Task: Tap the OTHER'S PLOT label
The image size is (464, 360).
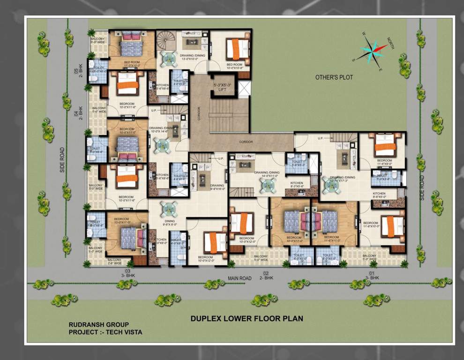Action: click(334, 77)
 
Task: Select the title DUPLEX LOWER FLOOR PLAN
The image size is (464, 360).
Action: click(247, 318)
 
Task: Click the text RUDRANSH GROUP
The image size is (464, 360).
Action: click(98, 324)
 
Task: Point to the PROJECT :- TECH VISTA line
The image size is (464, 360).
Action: click(105, 332)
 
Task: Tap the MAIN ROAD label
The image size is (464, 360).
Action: click(239, 278)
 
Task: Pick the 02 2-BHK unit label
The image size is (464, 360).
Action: click(266, 276)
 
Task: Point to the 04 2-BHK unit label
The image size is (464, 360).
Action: click(77, 112)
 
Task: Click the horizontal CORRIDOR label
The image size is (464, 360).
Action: click(246, 142)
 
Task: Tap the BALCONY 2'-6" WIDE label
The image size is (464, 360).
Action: click(117, 262)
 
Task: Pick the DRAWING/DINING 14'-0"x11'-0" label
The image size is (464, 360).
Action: click(267, 174)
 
